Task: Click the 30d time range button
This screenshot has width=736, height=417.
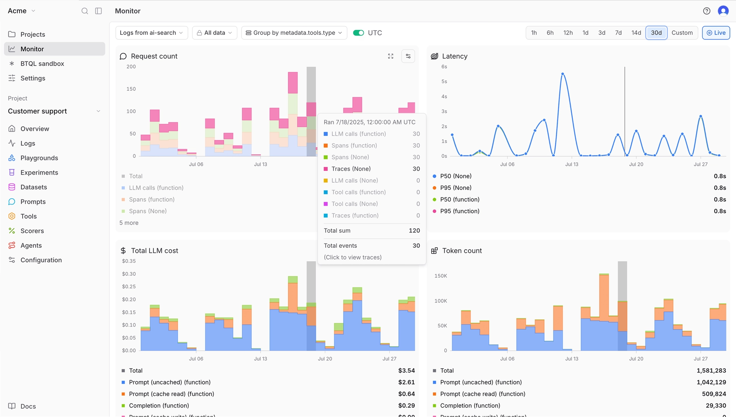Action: (656, 33)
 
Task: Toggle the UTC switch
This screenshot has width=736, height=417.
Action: (358, 33)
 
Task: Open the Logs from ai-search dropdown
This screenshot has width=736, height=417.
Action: (151, 33)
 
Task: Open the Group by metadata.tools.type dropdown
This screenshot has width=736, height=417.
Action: (294, 33)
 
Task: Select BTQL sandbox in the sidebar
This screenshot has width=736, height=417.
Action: (42, 64)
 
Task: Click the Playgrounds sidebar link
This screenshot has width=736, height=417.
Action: (39, 158)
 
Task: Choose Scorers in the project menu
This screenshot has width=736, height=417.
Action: (32, 231)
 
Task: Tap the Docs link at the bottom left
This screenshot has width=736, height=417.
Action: (28, 406)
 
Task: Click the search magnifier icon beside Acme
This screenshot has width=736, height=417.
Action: (85, 11)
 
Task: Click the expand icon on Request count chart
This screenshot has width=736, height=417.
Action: (391, 56)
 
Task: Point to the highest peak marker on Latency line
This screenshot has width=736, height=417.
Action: (562, 74)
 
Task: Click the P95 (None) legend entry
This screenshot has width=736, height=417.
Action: (455, 188)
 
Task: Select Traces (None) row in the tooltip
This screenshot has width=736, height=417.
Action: (351, 169)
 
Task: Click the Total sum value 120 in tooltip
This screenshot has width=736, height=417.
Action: (414, 231)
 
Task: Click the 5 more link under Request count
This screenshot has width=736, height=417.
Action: (129, 223)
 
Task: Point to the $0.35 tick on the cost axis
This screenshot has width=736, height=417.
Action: (129, 261)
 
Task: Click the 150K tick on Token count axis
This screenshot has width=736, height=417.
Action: (440, 276)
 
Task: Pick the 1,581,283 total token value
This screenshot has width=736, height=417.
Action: (711, 371)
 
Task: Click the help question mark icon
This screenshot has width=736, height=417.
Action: (706, 11)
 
